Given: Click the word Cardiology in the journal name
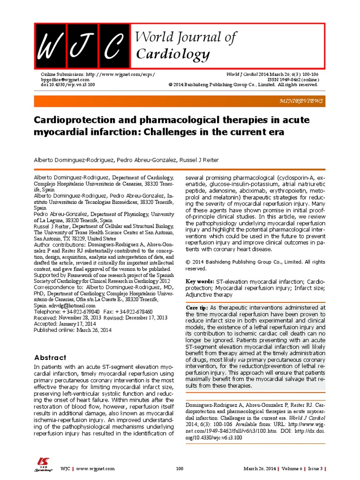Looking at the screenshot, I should pos(172,55).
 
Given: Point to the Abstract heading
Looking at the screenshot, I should pos(53,357).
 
